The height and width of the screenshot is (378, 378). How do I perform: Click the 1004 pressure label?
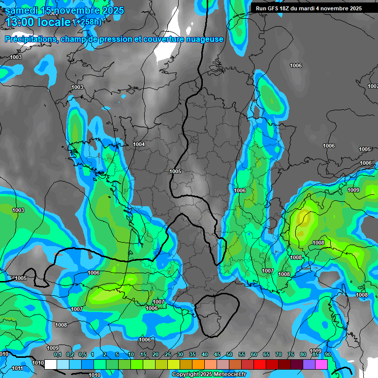pyautogui.click(x=139, y=144)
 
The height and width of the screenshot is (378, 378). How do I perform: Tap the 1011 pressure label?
pyautogui.click(x=17, y=368)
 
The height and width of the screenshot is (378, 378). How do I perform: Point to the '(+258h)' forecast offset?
pyautogui.click(x=87, y=22)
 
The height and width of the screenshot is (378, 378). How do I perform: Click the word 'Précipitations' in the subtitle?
pyautogui.click(x=31, y=39)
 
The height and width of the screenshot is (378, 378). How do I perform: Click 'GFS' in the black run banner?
pyautogui.click(x=275, y=8)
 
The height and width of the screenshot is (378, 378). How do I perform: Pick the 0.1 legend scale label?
pyautogui.click(x=57, y=355)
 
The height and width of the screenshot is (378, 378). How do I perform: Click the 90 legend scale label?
pyautogui.click(x=327, y=355)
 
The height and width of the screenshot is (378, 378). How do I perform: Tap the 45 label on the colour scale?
pyautogui.click(x=217, y=355)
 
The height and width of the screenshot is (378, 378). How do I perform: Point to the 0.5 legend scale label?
pyautogui.click(x=82, y=355)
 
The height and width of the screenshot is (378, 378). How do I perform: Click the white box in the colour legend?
pyautogui.click(x=51, y=364)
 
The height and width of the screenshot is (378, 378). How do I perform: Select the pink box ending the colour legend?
pyautogui.click(x=321, y=364)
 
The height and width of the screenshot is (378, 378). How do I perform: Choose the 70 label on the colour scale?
pyautogui.click(x=278, y=355)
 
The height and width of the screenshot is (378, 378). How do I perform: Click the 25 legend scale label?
pyautogui.click(x=168, y=355)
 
